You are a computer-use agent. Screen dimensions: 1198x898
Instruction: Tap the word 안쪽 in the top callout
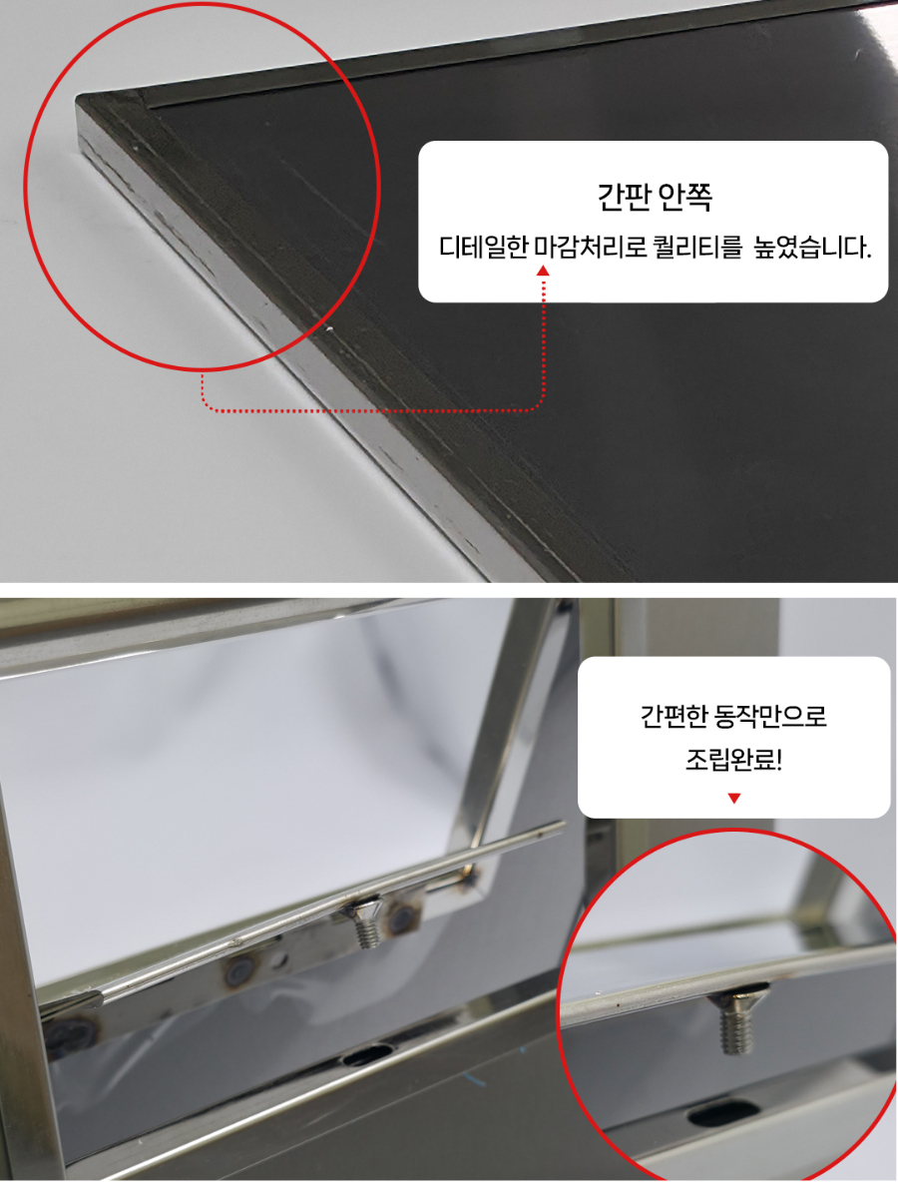pos(685,197)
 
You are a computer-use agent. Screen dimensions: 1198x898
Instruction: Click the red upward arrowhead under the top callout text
pos(543,270)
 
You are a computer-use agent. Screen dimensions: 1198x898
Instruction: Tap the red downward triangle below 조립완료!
pos(734,798)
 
